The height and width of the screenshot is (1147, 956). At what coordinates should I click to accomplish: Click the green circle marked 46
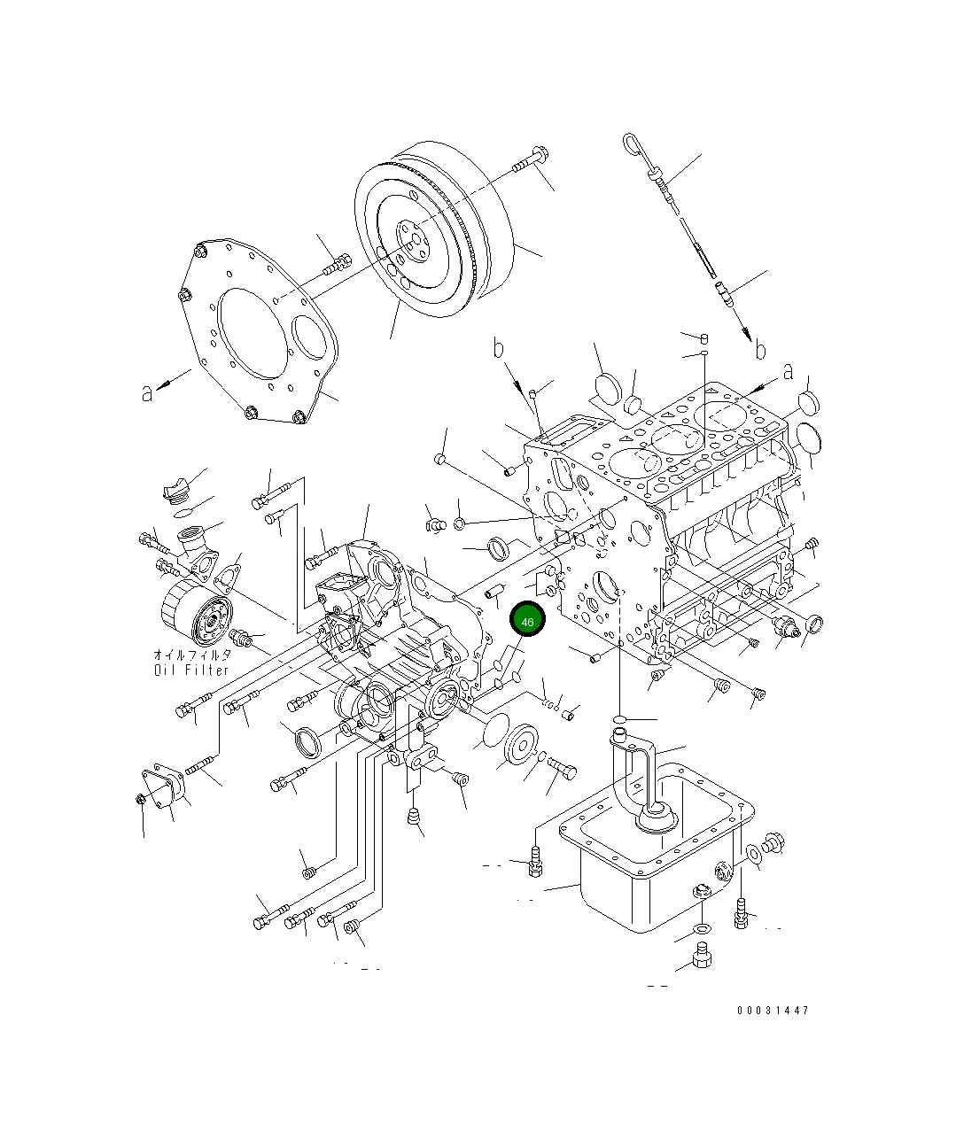tap(527, 622)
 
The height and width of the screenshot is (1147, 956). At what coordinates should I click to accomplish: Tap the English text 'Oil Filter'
tap(191, 670)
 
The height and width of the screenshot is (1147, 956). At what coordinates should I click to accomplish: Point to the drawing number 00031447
tap(773, 1010)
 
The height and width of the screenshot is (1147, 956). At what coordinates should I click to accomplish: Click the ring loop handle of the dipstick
tap(631, 143)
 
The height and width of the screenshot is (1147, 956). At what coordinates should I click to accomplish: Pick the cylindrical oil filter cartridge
tap(195, 616)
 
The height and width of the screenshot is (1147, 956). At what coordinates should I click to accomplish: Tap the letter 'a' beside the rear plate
tap(147, 391)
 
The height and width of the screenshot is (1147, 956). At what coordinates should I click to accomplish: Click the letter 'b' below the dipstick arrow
tap(759, 351)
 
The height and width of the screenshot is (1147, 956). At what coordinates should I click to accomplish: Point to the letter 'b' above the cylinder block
tap(500, 349)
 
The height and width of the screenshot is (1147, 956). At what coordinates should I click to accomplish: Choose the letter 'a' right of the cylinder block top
tap(788, 373)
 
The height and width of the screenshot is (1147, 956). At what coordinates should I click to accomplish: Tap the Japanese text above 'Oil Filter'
tap(191, 655)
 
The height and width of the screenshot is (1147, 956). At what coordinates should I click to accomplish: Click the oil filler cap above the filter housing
tap(174, 490)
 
